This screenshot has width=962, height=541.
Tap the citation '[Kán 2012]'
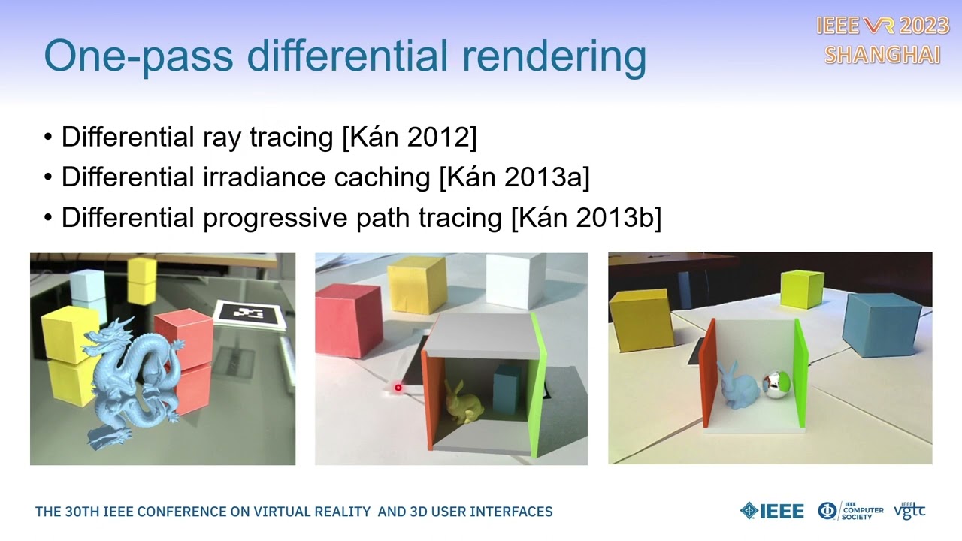(409, 137)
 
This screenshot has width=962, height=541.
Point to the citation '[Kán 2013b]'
(585, 218)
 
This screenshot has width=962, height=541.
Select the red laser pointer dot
(398, 388)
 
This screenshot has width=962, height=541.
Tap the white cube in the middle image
(514, 280)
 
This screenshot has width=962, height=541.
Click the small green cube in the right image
(801, 289)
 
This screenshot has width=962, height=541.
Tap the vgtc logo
(909, 511)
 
